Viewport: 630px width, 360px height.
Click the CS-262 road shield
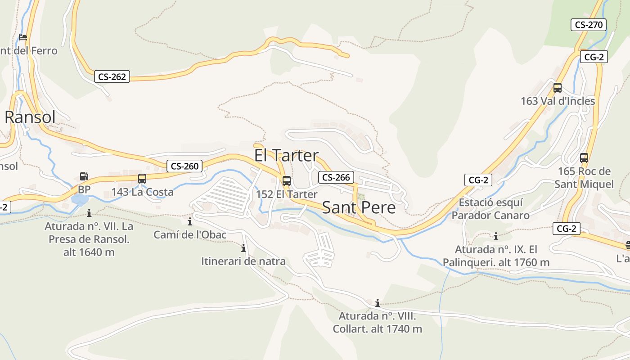[x=112, y=77]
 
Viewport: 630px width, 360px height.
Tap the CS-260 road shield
[x=184, y=166]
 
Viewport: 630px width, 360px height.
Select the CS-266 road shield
[x=336, y=177]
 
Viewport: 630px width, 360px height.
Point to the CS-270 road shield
[x=589, y=25]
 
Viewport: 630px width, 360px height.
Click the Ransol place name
[x=30, y=117]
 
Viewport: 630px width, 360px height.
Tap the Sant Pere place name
[x=359, y=207]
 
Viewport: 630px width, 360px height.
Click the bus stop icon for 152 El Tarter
[x=287, y=181]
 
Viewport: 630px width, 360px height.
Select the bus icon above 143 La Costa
[x=142, y=178]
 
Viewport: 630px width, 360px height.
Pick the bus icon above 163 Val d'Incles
[x=558, y=88]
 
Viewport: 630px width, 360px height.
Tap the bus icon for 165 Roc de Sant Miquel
[x=584, y=158]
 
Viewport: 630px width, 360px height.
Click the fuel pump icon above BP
[x=84, y=176]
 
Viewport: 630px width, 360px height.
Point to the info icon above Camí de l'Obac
[x=190, y=221]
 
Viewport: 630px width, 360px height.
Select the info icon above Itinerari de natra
[x=243, y=248]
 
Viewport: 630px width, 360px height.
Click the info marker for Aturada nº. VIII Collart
[x=378, y=303]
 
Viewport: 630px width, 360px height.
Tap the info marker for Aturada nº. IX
[x=496, y=236]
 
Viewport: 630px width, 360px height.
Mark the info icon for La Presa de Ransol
[x=89, y=213]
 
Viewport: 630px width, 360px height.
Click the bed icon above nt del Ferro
[x=23, y=37]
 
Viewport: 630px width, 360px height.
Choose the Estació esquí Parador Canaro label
[x=490, y=209]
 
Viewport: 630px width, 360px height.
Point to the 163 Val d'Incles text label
[x=558, y=101]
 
